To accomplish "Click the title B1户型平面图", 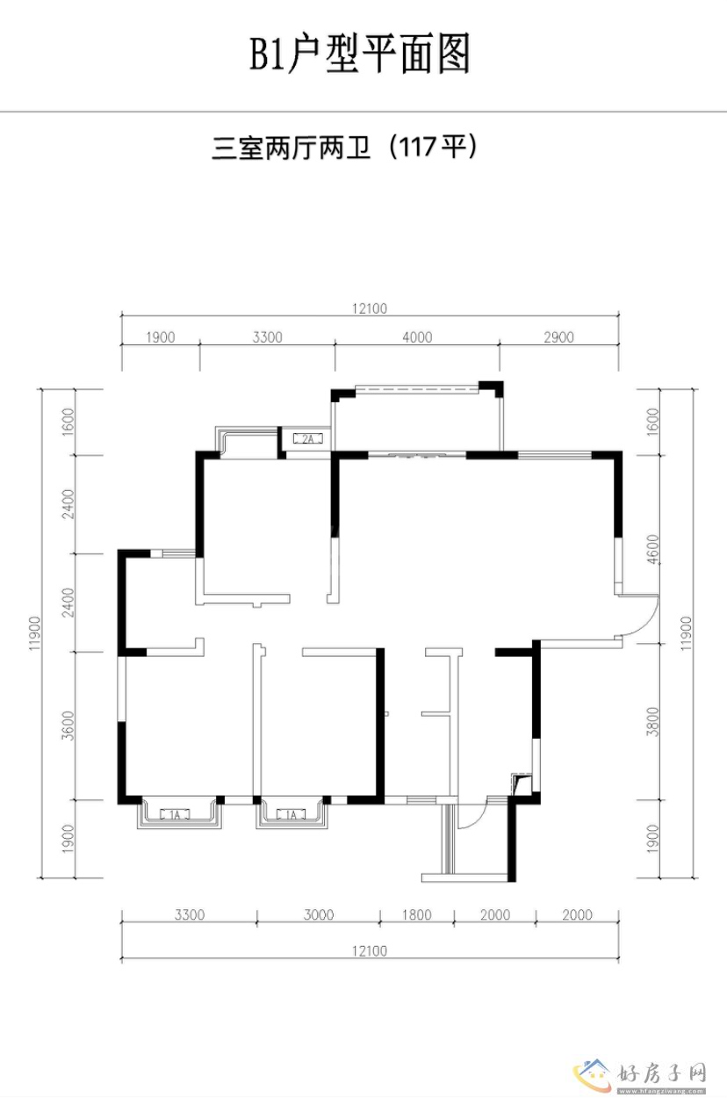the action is click(360, 54).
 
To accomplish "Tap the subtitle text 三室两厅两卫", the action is click(291, 148).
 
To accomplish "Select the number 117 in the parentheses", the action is click(418, 147).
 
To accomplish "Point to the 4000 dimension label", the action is click(417, 337).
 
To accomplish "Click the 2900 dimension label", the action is click(558, 337).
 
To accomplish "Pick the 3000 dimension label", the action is click(319, 914).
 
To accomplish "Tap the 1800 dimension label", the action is click(417, 914).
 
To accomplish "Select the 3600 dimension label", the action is click(68, 726).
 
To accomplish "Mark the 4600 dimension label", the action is click(652, 549).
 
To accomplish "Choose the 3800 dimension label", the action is click(652, 721).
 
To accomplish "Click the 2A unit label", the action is click(307, 438).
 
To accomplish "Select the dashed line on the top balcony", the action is click(416, 391).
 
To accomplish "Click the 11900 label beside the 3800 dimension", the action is click(686, 633).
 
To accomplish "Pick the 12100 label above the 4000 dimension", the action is click(370, 308).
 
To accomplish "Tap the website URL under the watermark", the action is click(661, 1092).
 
